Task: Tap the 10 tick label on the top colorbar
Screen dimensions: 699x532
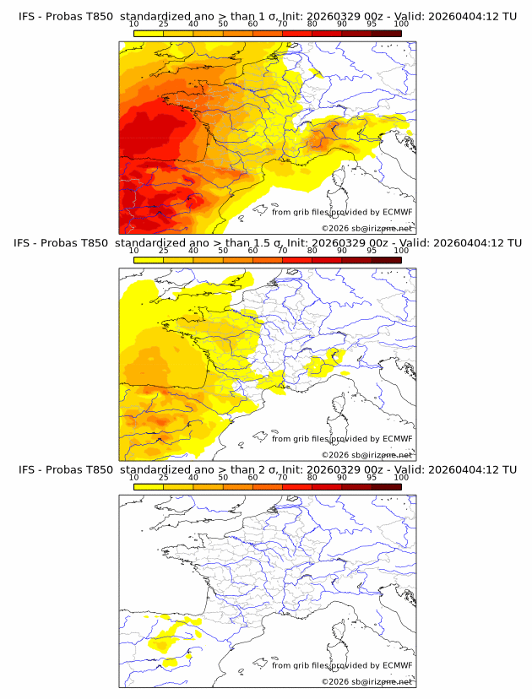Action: pyautogui.click(x=133, y=24)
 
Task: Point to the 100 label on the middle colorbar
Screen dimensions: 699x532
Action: pyautogui.click(x=401, y=251)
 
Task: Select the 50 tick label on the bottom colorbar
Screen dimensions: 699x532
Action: pyautogui.click(x=223, y=477)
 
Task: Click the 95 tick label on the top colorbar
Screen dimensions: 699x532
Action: pyautogui.click(x=372, y=24)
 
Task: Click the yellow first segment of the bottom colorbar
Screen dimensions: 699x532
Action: pyautogui.click(x=148, y=485)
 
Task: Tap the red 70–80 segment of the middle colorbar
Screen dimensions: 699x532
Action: pyautogui.click(x=296, y=259)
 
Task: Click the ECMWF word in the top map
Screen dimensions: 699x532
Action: pyautogui.click(x=397, y=213)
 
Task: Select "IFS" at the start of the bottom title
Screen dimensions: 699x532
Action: pyautogui.click(x=27, y=469)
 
